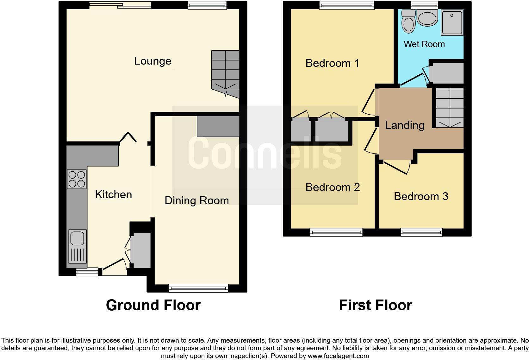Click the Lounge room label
point(152,61)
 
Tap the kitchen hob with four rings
point(77,179)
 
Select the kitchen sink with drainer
point(78,246)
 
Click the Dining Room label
point(196,201)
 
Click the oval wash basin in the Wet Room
point(427,17)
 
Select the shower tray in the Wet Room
point(452,22)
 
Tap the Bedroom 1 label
point(332,63)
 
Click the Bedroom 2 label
point(333,187)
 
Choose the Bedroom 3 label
point(421,197)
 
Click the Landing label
point(404,125)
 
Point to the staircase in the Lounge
point(225,74)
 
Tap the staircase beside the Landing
point(449,108)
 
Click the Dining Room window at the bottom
point(198,288)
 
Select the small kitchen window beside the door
point(87,271)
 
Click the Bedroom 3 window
point(421,232)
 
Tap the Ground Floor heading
point(153,305)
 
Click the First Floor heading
point(375,305)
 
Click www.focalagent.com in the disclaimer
point(338,356)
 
